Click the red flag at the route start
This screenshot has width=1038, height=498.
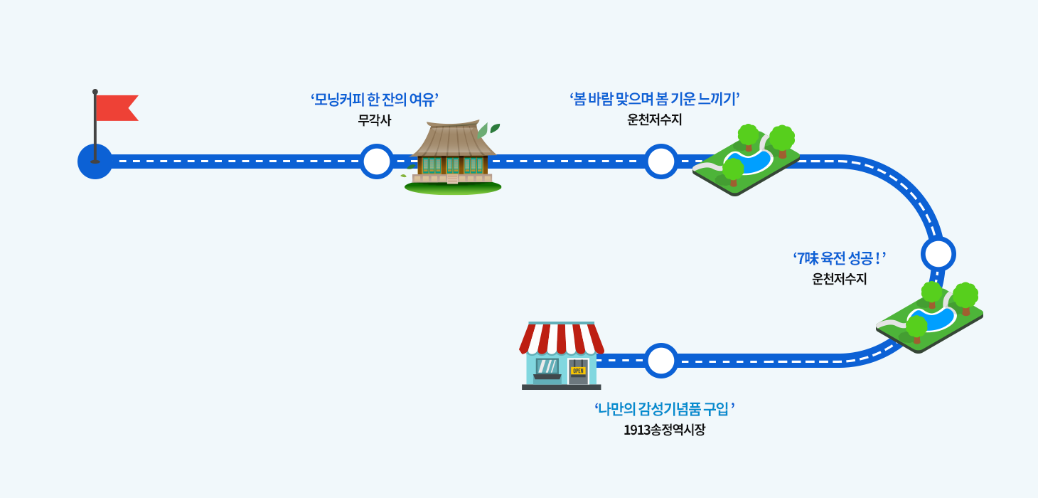tap(116, 107)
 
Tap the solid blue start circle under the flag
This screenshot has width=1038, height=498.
tap(95, 162)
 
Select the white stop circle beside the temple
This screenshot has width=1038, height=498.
tap(376, 161)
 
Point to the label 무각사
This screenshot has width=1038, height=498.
tap(374, 120)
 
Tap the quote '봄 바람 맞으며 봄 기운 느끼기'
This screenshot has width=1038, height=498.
tap(655, 99)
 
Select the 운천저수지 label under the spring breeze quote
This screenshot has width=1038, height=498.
tap(654, 120)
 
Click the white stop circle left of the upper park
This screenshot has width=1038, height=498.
tap(661, 161)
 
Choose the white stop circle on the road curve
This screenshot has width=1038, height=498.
tap(938, 254)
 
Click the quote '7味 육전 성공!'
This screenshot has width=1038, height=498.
tap(840, 258)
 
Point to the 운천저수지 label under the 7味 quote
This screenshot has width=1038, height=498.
tap(840, 279)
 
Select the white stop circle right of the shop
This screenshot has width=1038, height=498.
tap(661, 360)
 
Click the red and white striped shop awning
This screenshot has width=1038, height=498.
tap(562, 338)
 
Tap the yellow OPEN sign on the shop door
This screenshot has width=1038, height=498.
tap(578, 371)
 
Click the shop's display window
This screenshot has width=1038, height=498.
tap(547, 366)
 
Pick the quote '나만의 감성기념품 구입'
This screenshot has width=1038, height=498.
tap(664, 409)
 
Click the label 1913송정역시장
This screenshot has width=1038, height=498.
tap(664, 430)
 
